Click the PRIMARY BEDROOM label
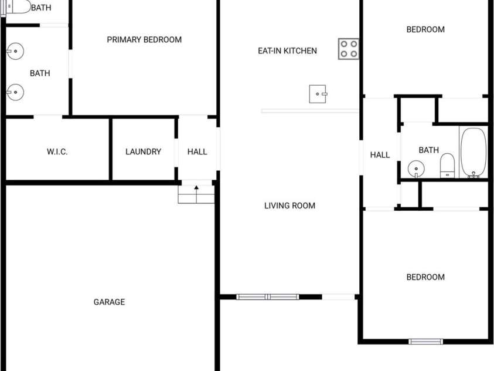[x=144, y=40]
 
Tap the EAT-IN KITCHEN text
[x=287, y=51]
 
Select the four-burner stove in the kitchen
[x=349, y=49]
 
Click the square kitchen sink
[x=318, y=94]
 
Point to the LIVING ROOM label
[x=289, y=205]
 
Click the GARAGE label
[x=109, y=302]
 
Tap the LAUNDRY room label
[x=143, y=151]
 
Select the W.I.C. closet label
[x=57, y=151]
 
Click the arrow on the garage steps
[x=196, y=194]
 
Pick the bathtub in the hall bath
[x=473, y=153]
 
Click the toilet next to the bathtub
[x=447, y=166]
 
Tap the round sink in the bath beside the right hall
[x=416, y=169]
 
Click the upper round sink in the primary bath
[x=15, y=51]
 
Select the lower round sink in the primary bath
[x=15, y=92]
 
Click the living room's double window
[x=267, y=297]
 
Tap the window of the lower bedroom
[x=425, y=341]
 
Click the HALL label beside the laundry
[x=197, y=151]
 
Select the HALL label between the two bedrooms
[x=380, y=155]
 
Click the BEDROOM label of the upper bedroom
[x=425, y=30]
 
